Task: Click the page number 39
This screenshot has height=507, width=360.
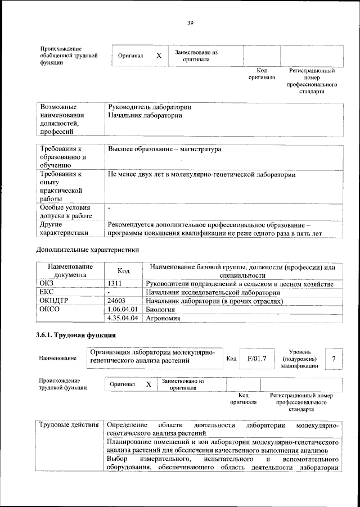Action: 190,22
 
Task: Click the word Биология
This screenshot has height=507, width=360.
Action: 160,310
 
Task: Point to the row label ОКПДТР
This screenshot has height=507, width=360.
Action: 53,301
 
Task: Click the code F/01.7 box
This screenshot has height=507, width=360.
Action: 256,358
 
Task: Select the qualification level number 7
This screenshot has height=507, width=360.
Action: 334,358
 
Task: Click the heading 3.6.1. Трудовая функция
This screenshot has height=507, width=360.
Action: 76,336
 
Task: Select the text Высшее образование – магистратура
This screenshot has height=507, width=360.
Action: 164,150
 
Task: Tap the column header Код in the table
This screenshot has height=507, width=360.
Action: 123,271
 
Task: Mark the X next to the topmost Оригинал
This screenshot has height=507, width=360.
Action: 159,56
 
